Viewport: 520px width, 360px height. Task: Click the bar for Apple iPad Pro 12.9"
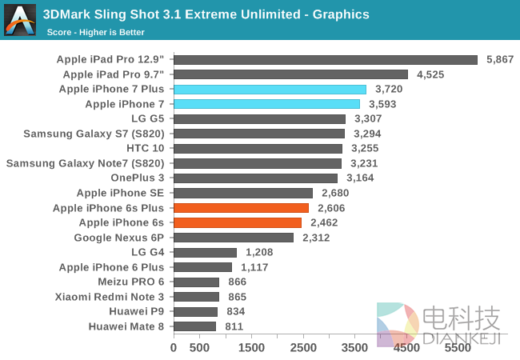point(325,59)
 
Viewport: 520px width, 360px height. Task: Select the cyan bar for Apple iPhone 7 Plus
point(270,89)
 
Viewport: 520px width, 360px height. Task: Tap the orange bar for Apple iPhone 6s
point(238,222)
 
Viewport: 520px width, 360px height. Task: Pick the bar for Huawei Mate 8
point(194,326)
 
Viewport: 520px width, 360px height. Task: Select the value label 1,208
point(260,252)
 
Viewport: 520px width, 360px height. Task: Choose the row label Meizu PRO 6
point(131,282)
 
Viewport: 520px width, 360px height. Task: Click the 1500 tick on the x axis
point(251,348)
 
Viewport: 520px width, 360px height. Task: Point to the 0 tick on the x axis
point(174,348)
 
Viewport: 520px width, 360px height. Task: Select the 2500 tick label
point(303,348)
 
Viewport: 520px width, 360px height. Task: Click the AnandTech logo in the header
point(20,19)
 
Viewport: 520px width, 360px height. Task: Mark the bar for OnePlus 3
point(255,178)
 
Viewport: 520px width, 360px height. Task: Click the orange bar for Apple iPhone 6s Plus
point(241,208)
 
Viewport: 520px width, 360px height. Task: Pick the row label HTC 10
point(145,148)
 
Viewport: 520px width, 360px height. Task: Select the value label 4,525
point(430,74)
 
